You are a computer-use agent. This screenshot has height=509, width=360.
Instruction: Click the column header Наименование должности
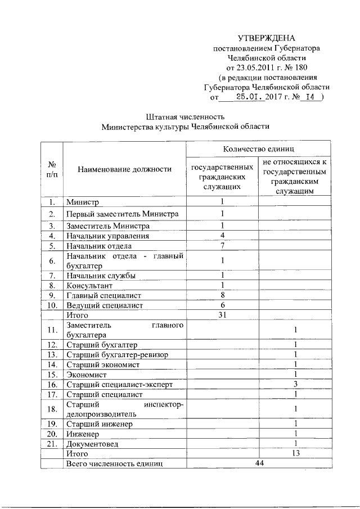pyautogui.click(x=124, y=169)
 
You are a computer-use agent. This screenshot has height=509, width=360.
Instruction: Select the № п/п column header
pyautogui.click(x=52, y=169)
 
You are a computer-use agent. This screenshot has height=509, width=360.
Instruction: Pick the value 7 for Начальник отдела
pyautogui.click(x=223, y=246)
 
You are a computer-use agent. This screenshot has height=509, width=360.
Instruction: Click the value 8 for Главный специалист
pyautogui.click(x=223, y=295)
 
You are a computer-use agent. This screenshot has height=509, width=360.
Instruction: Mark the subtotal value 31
pyautogui.click(x=223, y=316)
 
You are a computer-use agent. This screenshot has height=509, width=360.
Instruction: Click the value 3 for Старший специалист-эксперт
pyautogui.click(x=295, y=384)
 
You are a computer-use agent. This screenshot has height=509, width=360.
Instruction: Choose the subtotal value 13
pyautogui.click(x=295, y=453)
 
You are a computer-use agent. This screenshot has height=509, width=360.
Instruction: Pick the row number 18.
pyautogui.click(x=52, y=409)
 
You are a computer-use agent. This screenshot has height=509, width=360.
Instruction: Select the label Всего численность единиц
pyautogui.click(x=114, y=463)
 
